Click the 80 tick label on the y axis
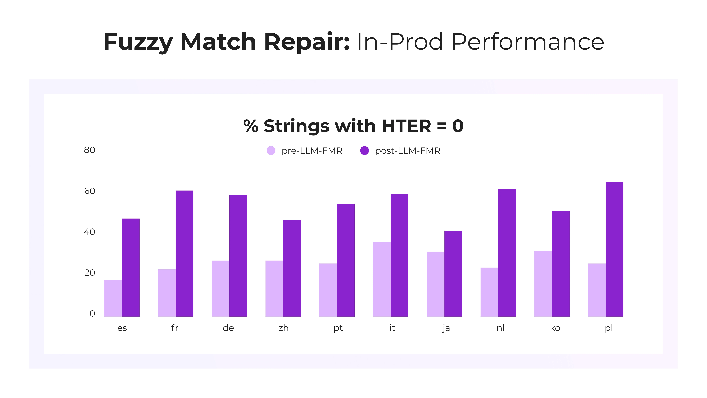(89, 150)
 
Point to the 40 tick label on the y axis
(89, 232)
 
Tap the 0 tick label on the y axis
(92, 313)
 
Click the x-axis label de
(228, 328)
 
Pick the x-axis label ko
(555, 328)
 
